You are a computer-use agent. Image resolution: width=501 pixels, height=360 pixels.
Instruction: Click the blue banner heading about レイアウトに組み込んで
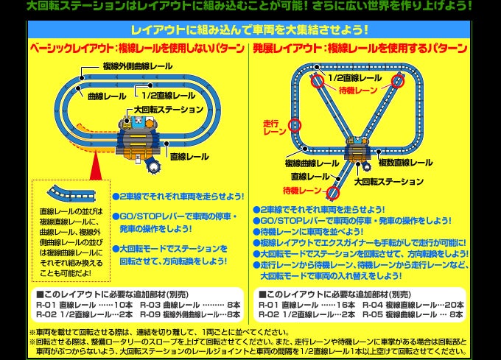tap(250, 30)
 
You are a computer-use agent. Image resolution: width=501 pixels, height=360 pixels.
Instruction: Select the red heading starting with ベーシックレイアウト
tap(137, 48)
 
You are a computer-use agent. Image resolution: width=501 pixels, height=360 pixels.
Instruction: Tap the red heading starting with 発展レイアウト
tap(360, 48)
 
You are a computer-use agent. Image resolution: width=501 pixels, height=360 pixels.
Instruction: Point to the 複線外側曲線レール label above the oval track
tap(138, 66)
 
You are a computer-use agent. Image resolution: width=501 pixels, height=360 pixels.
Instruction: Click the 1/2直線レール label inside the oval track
tap(169, 96)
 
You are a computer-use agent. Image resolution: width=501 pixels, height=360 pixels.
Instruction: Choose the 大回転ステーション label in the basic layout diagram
tap(169, 110)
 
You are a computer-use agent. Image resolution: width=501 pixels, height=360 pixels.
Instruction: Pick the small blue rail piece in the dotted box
tap(71, 194)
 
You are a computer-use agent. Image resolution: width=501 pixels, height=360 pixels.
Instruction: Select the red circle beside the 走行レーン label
tap(295, 125)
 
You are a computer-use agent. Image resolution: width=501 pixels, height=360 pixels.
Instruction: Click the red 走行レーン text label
tap(275, 127)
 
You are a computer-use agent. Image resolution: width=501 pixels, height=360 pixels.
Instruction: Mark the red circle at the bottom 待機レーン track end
tap(333, 193)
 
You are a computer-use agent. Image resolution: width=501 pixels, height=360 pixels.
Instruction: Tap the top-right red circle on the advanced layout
tap(398, 81)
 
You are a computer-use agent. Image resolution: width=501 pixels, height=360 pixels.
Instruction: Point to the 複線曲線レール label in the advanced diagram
tap(312, 163)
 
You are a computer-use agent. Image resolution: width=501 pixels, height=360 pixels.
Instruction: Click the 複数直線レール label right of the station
tap(405, 163)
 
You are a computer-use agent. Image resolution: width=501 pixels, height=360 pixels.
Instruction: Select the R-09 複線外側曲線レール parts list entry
tap(190, 314)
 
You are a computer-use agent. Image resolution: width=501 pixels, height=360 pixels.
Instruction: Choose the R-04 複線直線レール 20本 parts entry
tap(413, 305)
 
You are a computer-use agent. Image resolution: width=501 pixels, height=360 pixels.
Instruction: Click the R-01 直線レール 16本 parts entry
tap(306, 305)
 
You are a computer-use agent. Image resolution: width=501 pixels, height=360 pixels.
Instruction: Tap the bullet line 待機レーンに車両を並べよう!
tap(308, 232)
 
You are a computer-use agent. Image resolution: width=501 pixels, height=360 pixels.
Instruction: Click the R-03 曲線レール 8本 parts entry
tap(190, 305)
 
